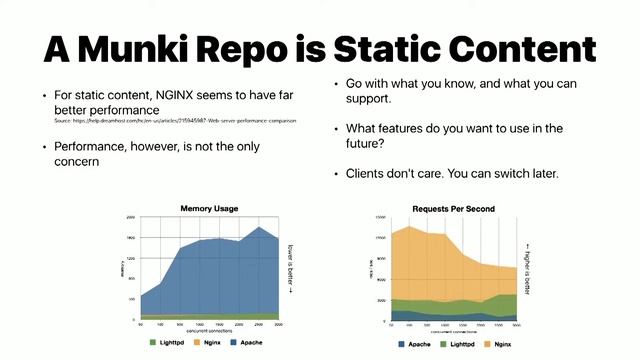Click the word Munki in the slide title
coord(164,49)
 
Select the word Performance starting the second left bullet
coord(91,146)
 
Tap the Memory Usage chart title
coord(209,208)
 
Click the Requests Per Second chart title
coord(453,209)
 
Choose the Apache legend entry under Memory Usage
coord(260,341)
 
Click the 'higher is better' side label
coord(528,263)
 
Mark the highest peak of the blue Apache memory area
coord(260,228)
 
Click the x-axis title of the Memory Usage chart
coord(210,326)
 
